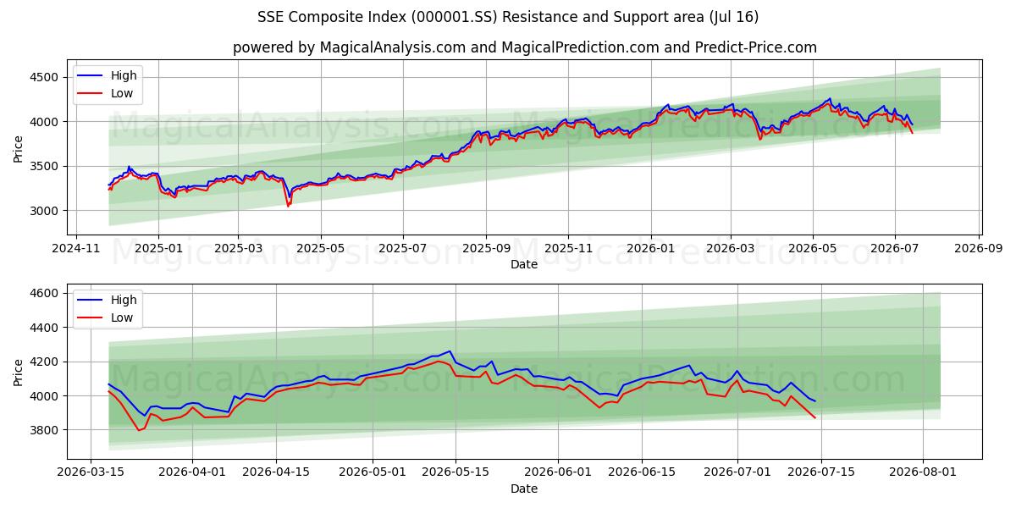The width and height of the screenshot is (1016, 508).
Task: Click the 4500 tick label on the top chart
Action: [44, 77]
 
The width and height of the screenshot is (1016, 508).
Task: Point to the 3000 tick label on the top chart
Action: [44, 211]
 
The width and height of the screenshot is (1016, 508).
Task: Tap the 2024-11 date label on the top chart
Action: [75, 249]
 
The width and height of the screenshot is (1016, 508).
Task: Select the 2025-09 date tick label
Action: [486, 249]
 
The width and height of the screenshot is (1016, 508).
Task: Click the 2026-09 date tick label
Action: [979, 249]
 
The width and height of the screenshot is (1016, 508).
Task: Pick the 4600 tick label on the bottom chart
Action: [44, 293]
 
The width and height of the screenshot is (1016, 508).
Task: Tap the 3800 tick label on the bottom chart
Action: [44, 430]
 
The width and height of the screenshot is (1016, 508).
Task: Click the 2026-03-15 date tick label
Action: [91, 472]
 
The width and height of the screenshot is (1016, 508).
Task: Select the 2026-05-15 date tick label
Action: [456, 472]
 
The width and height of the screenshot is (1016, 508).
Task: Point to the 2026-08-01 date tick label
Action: [923, 472]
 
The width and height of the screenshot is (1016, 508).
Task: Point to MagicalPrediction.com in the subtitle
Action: [580, 47]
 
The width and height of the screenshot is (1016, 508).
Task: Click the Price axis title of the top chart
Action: [18, 149]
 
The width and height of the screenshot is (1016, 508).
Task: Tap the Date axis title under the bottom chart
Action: [524, 489]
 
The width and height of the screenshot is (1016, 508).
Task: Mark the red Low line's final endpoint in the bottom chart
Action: [815, 417]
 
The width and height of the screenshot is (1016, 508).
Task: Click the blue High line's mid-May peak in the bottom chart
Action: [450, 351]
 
